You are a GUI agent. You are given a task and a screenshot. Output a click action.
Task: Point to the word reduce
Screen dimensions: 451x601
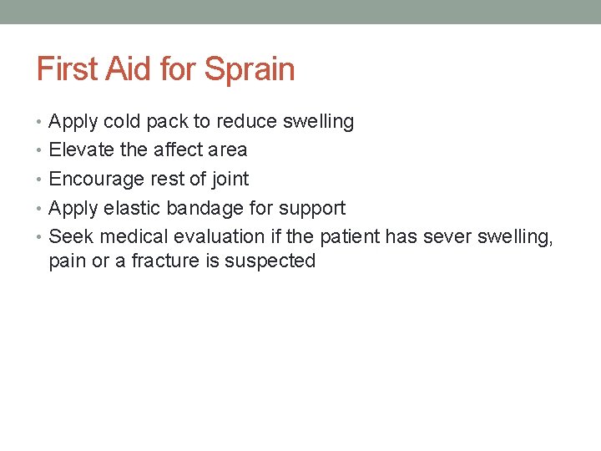[246, 121]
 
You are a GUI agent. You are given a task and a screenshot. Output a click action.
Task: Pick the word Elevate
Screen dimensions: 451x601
[80, 150]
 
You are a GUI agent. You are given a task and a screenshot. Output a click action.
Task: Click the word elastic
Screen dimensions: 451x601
[134, 208]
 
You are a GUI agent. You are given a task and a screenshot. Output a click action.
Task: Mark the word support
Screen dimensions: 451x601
[313, 209]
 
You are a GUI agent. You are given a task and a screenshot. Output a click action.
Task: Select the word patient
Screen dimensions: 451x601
[348, 236]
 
